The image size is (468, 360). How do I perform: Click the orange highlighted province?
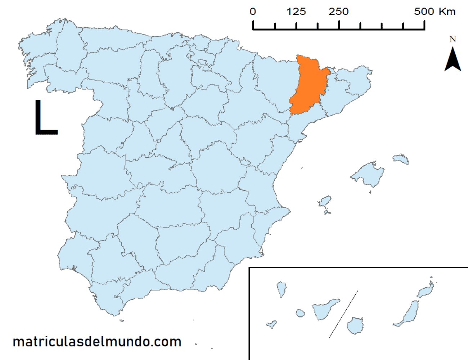click(309, 86)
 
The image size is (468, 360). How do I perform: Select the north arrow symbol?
click(453, 60)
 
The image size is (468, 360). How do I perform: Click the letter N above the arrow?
click(453, 39)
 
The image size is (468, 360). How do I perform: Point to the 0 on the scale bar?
click(253, 12)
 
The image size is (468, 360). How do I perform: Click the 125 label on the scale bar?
click(296, 12)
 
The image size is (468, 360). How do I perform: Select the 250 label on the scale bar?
click(338, 12)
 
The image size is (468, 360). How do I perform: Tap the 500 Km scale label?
click(435, 12)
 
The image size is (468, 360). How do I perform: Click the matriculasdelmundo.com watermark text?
click(97, 342)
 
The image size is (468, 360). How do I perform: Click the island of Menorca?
click(401, 159)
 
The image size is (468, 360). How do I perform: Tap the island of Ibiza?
click(325, 202)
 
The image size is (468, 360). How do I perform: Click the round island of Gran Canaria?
click(355, 325)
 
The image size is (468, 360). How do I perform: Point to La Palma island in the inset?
click(281, 289)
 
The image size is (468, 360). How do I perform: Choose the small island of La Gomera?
click(300, 313)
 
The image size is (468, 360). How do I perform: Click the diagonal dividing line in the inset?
click(343, 314)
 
